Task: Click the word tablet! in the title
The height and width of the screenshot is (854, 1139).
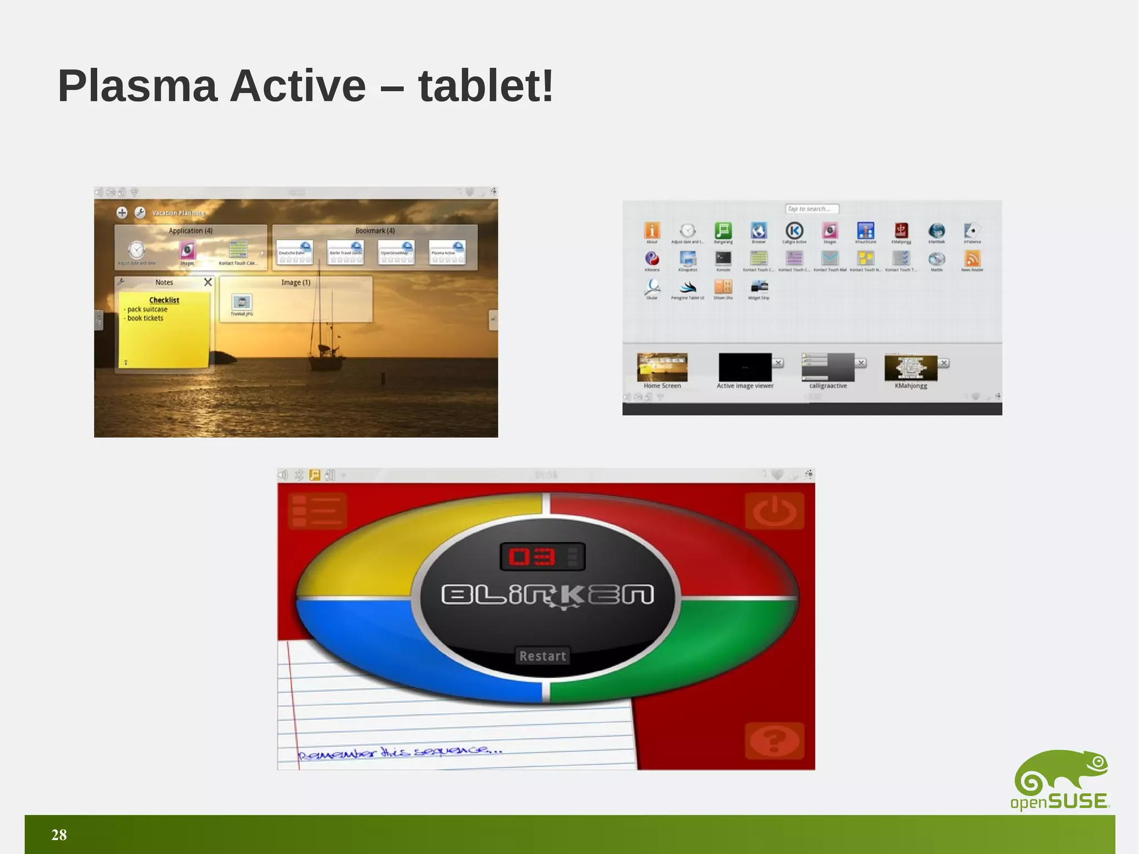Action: [486, 86]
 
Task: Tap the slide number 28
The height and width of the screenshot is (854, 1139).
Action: [59, 835]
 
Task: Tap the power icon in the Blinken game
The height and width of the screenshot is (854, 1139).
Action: [774, 511]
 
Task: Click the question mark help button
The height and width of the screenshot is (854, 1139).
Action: [774, 741]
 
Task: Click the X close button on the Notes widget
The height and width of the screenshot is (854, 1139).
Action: [208, 282]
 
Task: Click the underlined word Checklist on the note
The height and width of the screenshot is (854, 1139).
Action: [164, 300]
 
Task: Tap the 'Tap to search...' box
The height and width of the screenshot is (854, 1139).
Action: [811, 209]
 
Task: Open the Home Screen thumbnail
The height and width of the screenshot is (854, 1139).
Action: [662, 367]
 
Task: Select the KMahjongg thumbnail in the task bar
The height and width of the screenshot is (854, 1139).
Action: [910, 368]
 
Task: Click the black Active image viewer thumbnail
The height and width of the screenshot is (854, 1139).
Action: [745, 367]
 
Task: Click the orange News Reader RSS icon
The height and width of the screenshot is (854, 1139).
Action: [972, 258]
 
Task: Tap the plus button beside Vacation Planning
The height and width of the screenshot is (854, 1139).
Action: [122, 213]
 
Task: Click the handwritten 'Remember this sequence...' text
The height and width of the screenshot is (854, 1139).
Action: [400, 752]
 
